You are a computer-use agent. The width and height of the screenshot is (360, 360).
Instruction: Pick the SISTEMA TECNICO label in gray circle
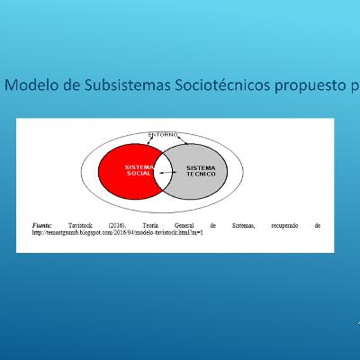199,171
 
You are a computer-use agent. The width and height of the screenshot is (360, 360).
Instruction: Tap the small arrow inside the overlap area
164,173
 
